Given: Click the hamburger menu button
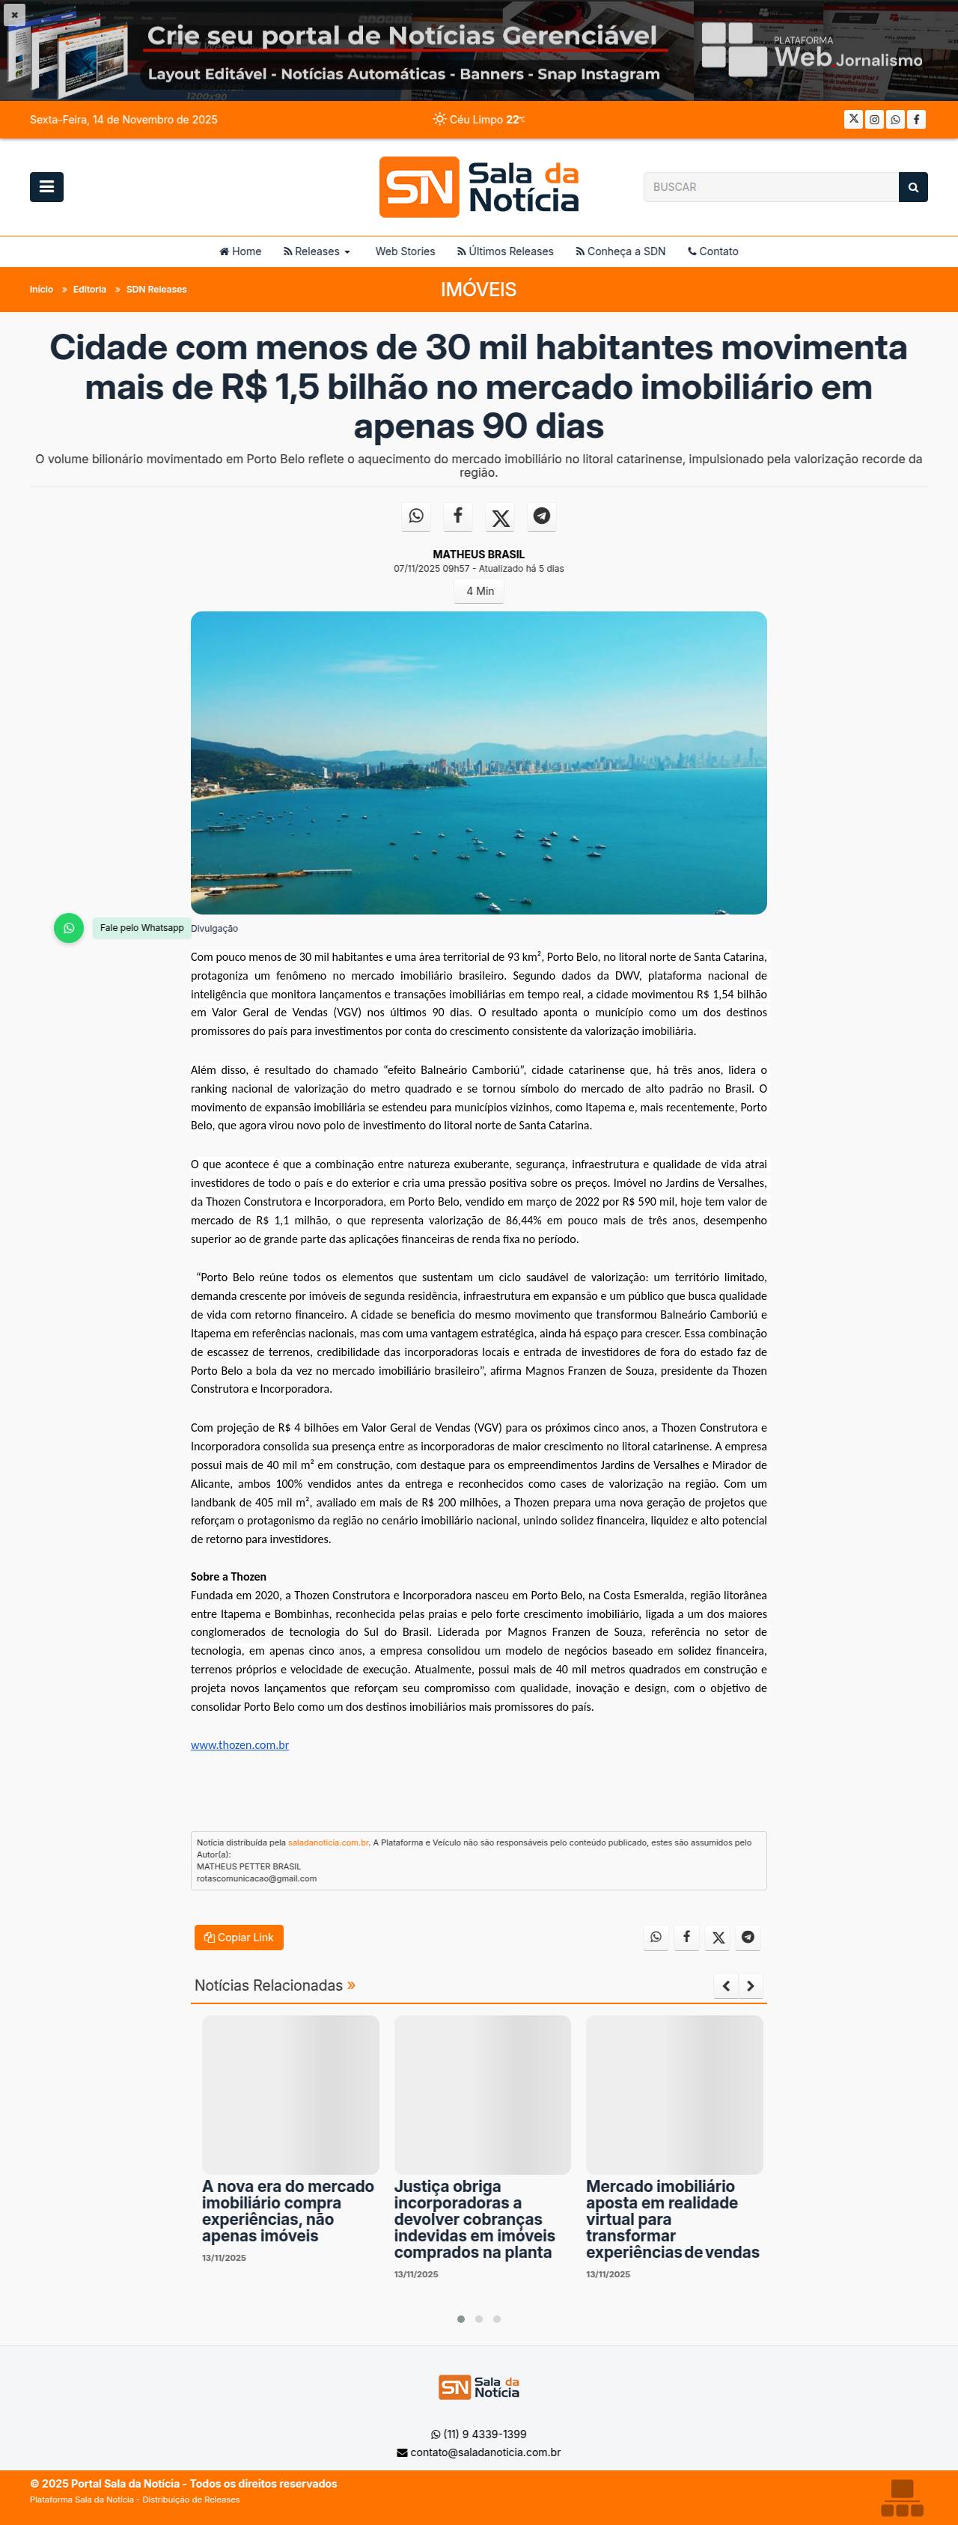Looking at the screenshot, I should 46,186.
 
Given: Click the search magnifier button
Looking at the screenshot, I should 913,187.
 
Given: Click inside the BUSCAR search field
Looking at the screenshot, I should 769,187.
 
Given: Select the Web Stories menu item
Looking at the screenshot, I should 405,252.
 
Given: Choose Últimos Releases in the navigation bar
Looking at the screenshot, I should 505,252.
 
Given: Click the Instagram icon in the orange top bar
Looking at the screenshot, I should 875,120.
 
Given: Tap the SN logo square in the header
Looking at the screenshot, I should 418,187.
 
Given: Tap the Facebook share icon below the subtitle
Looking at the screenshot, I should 458,516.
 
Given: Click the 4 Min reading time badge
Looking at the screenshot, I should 480,591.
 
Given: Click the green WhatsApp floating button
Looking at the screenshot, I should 69,927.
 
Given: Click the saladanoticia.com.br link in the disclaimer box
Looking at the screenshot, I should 328,1842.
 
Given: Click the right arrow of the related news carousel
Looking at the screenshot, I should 750,1986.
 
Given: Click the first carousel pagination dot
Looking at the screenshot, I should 461,2319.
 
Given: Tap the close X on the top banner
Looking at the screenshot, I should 13,15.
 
